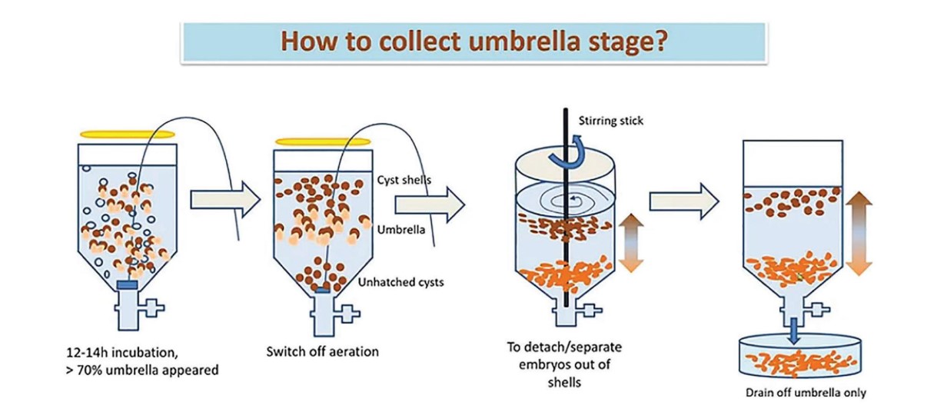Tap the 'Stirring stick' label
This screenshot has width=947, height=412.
click(x=611, y=120)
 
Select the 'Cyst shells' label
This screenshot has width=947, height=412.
click(x=403, y=180)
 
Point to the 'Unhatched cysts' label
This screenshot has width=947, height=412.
click(x=401, y=282)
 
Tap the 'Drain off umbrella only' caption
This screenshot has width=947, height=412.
click(x=806, y=392)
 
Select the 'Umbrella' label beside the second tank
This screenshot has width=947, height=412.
click(x=397, y=229)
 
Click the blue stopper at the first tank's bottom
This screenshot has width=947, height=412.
click(x=127, y=285)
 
